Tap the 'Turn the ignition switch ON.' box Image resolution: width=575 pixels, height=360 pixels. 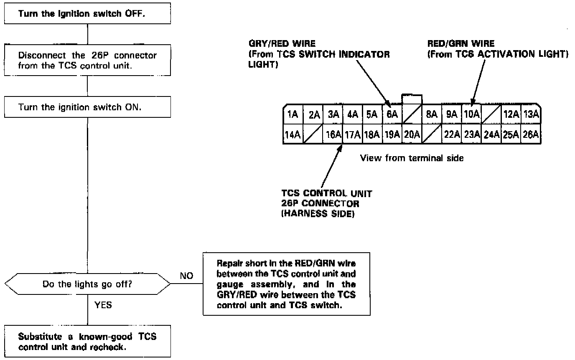[x=87, y=107]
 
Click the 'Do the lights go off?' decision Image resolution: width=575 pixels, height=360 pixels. [x=87, y=284]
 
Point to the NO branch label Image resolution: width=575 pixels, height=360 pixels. [x=187, y=276]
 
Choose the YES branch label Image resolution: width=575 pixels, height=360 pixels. [x=103, y=305]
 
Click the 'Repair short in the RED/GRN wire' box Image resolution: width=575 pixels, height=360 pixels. [x=286, y=284]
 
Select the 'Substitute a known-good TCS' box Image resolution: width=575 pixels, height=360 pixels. [x=87, y=341]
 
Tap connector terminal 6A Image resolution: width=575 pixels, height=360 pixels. [x=392, y=114]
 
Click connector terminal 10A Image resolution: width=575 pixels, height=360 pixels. [x=471, y=114]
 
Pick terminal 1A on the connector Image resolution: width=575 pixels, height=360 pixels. [x=293, y=114]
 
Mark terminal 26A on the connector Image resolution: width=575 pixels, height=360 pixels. [x=531, y=134]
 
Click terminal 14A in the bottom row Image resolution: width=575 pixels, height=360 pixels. [x=293, y=134]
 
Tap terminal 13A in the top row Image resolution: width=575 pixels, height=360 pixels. [x=531, y=114]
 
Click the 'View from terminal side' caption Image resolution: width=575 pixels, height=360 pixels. [x=412, y=158]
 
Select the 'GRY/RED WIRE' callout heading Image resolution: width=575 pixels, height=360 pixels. [x=282, y=43]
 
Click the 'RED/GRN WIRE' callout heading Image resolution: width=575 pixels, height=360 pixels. [x=461, y=43]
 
